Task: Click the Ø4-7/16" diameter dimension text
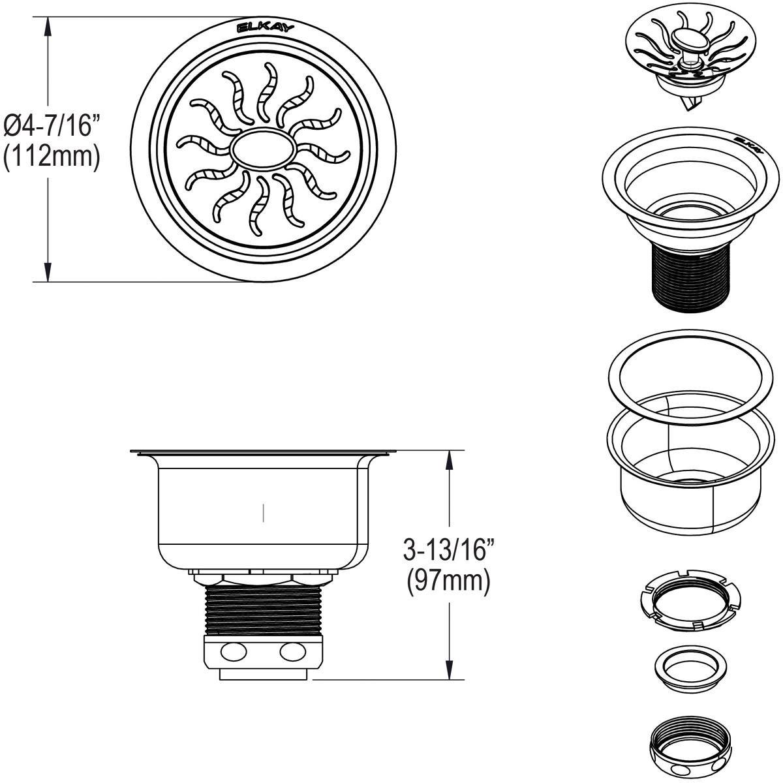point(52,125)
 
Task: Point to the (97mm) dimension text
point(448,580)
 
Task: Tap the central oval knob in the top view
point(262,149)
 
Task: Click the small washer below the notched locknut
point(685,669)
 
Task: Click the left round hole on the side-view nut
point(232,651)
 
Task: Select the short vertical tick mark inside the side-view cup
point(263,512)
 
